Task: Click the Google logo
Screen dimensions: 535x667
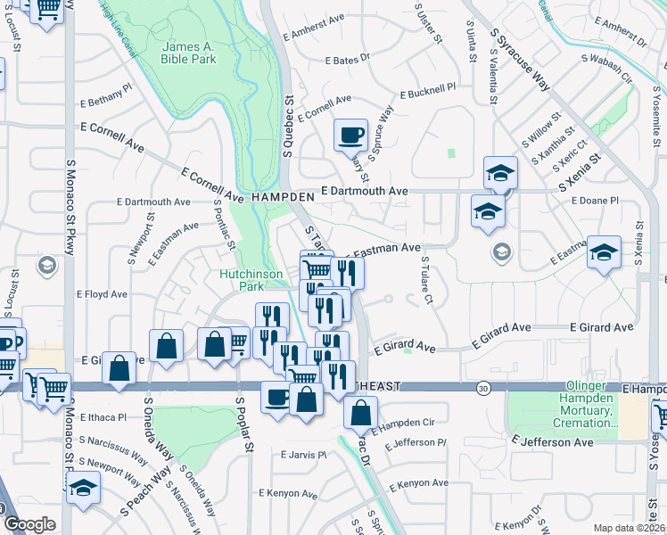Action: coord(29,523)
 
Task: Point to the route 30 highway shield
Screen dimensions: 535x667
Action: coord(483,388)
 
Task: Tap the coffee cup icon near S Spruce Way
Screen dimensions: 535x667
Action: coord(350,135)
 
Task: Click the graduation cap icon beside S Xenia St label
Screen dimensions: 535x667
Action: coord(500,172)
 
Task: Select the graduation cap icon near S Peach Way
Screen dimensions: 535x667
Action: coord(84,488)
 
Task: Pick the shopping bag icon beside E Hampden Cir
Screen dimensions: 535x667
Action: coord(360,413)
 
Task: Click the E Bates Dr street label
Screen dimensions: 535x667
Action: coord(348,61)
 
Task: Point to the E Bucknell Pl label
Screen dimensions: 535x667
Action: coord(428,91)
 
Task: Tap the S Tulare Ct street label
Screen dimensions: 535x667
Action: coord(427,280)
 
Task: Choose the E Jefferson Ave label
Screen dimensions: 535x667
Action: coord(553,442)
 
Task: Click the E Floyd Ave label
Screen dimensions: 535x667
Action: coord(102,293)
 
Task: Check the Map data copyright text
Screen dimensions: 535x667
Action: coord(630,528)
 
